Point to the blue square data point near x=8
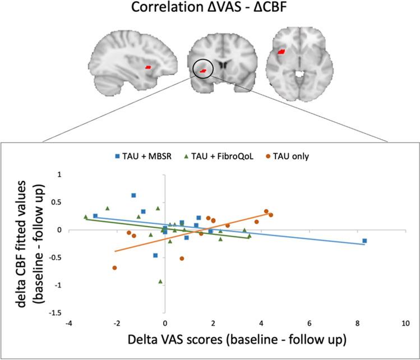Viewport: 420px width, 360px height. pos(364,241)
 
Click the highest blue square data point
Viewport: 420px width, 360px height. pos(133,195)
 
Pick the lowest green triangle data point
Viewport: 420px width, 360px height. pos(160,281)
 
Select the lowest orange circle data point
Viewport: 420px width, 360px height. pos(114,268)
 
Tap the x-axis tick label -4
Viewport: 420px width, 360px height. pos(68,324)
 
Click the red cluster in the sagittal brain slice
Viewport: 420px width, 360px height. pos(147,67)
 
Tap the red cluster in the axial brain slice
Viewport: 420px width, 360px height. pos(281,52)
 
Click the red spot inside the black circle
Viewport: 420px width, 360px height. pos(203,70)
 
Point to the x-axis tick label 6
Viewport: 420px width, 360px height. pos(309,324)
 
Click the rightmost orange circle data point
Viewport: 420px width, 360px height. pos(271,215)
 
